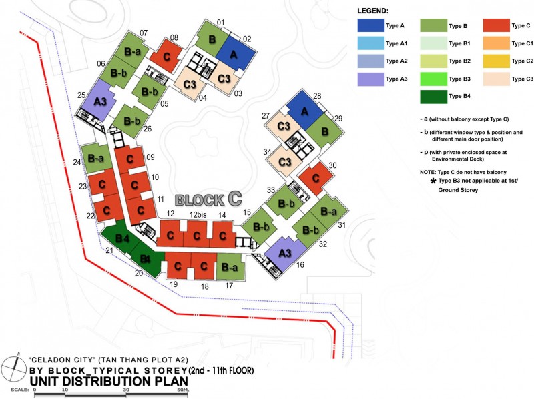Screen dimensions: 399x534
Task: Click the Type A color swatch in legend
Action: tap(370, 26)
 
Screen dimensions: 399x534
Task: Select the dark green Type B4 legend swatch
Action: tap(435, 95)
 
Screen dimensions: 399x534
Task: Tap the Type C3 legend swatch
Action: tap(497, 78)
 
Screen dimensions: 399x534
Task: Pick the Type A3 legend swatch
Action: tap(370, 78)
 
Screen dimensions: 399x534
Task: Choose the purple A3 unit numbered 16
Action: tap(284, 253)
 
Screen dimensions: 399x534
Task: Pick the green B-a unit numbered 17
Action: tap(230, 267)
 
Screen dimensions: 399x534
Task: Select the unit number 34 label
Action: tap(266, 153)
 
